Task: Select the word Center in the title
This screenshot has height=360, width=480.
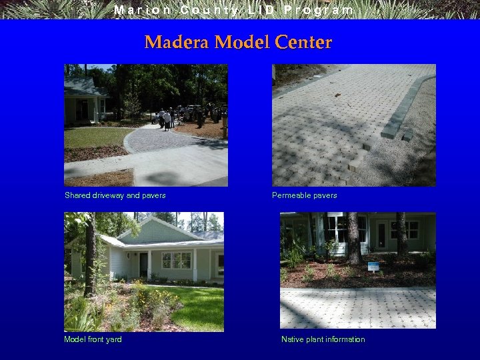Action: [x=305, y=43]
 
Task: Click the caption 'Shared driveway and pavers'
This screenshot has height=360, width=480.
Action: [x=115, y=195]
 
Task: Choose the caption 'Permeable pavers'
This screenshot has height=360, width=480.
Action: [x=304, y=195]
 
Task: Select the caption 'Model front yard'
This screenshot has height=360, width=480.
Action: [x=93, y=339]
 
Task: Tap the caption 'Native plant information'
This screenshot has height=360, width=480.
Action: [x=323, y=339]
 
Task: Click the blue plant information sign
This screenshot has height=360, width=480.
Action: [x=373, y=267]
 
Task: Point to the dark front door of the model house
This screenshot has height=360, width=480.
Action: [x=143, y=264]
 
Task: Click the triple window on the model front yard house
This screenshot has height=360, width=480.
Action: [x=176, y=260]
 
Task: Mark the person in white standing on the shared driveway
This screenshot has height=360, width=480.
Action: [x=167, y=119]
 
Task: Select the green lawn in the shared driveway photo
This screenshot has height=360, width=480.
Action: [x=93, y=137]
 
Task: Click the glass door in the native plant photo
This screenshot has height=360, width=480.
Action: [x=381, y=234]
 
